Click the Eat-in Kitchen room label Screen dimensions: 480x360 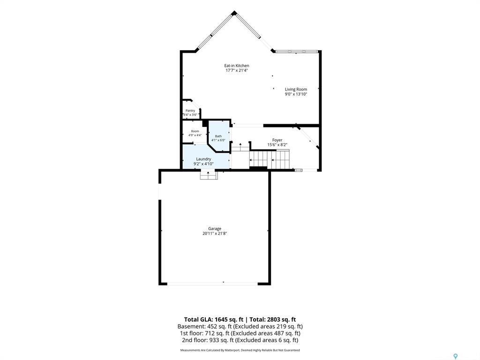click(237, 66)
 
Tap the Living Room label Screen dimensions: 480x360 click(296, 90)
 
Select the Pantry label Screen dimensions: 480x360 click(190, 111)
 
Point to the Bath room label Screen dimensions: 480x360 click(218, 136)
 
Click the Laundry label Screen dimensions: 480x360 click(203, 159)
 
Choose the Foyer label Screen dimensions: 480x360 click(277, 140)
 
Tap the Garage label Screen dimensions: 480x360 click(215, 229)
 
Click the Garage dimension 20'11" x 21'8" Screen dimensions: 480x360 click(215, 233)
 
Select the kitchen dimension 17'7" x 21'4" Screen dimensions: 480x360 click(237, 70)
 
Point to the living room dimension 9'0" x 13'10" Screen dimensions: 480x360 click(296, 94)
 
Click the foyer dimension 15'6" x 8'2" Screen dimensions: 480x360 click(277, 145)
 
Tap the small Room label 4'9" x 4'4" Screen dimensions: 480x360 click(195, 133)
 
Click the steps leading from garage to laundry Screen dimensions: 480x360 click(209, 175)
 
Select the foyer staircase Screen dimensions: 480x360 click(270, 159)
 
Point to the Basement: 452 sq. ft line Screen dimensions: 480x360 click(240, 327)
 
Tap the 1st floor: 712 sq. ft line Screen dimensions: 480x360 click(240, 333)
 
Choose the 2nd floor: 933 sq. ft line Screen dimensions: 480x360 click(240, 340)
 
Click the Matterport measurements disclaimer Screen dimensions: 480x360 click(240, 350)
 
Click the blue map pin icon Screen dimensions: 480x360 click(455, 356)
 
